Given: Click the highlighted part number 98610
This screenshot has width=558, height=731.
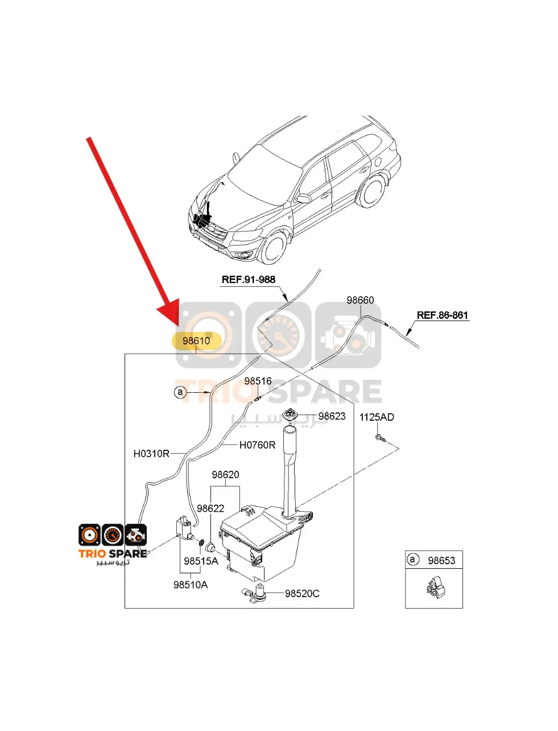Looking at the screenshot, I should tap(196, 341).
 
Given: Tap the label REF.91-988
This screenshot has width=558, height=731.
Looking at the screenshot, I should tap(249, 280).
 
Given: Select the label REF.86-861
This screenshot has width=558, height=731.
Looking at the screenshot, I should tap(443, 315).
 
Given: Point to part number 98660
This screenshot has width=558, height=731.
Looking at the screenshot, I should tap(361, 300).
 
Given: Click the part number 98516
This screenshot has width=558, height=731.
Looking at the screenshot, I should tap(258, 381).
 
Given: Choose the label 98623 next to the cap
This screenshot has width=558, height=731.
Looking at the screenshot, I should tap(332, 416).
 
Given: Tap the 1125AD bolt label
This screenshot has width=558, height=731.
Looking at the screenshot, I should tap(377, 417).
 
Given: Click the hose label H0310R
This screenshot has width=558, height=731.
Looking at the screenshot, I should tap(151, 454).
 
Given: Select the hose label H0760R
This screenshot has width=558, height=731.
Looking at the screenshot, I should tap(257, 445).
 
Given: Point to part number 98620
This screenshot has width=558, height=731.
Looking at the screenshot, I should tap(225, 475).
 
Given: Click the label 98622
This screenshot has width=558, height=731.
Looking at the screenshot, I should tap(210, 508).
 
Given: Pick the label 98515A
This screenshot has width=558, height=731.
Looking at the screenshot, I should tap(201, 561).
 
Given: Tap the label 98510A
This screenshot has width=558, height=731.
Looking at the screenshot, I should tap(191, 585).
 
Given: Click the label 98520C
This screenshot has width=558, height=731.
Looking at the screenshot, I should tap(302, 594).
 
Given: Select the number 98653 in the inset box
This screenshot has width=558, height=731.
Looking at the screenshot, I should tap(441, 561).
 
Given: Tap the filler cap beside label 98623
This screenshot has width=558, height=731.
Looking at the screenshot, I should tap(292, 416).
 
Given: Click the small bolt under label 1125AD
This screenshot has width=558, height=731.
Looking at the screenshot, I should tap(380, 438).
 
